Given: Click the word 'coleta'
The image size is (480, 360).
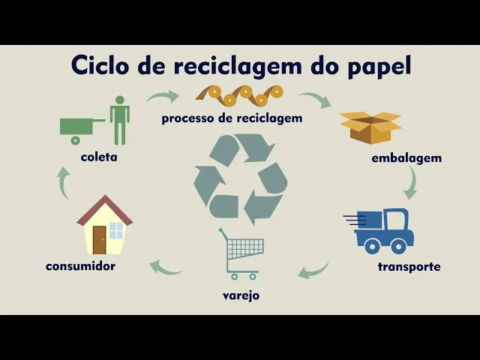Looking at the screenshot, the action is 99,157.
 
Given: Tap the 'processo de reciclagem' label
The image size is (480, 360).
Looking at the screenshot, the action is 232,118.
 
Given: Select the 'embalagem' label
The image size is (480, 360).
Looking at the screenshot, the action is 406,158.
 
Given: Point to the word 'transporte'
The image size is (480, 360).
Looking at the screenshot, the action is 409,266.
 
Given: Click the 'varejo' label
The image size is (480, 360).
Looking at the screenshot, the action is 241,295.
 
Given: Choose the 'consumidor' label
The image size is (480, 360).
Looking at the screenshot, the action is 80,265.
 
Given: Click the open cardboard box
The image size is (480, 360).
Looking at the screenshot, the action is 370,127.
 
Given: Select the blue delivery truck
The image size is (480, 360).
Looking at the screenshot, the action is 382,230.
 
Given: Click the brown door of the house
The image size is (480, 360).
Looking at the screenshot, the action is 100,239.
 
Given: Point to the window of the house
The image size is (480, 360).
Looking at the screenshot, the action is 116,230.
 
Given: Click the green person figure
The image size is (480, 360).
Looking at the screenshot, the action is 119,120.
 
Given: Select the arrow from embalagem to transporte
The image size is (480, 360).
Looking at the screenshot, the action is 411,183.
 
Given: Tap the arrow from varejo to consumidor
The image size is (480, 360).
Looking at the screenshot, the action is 166,266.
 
